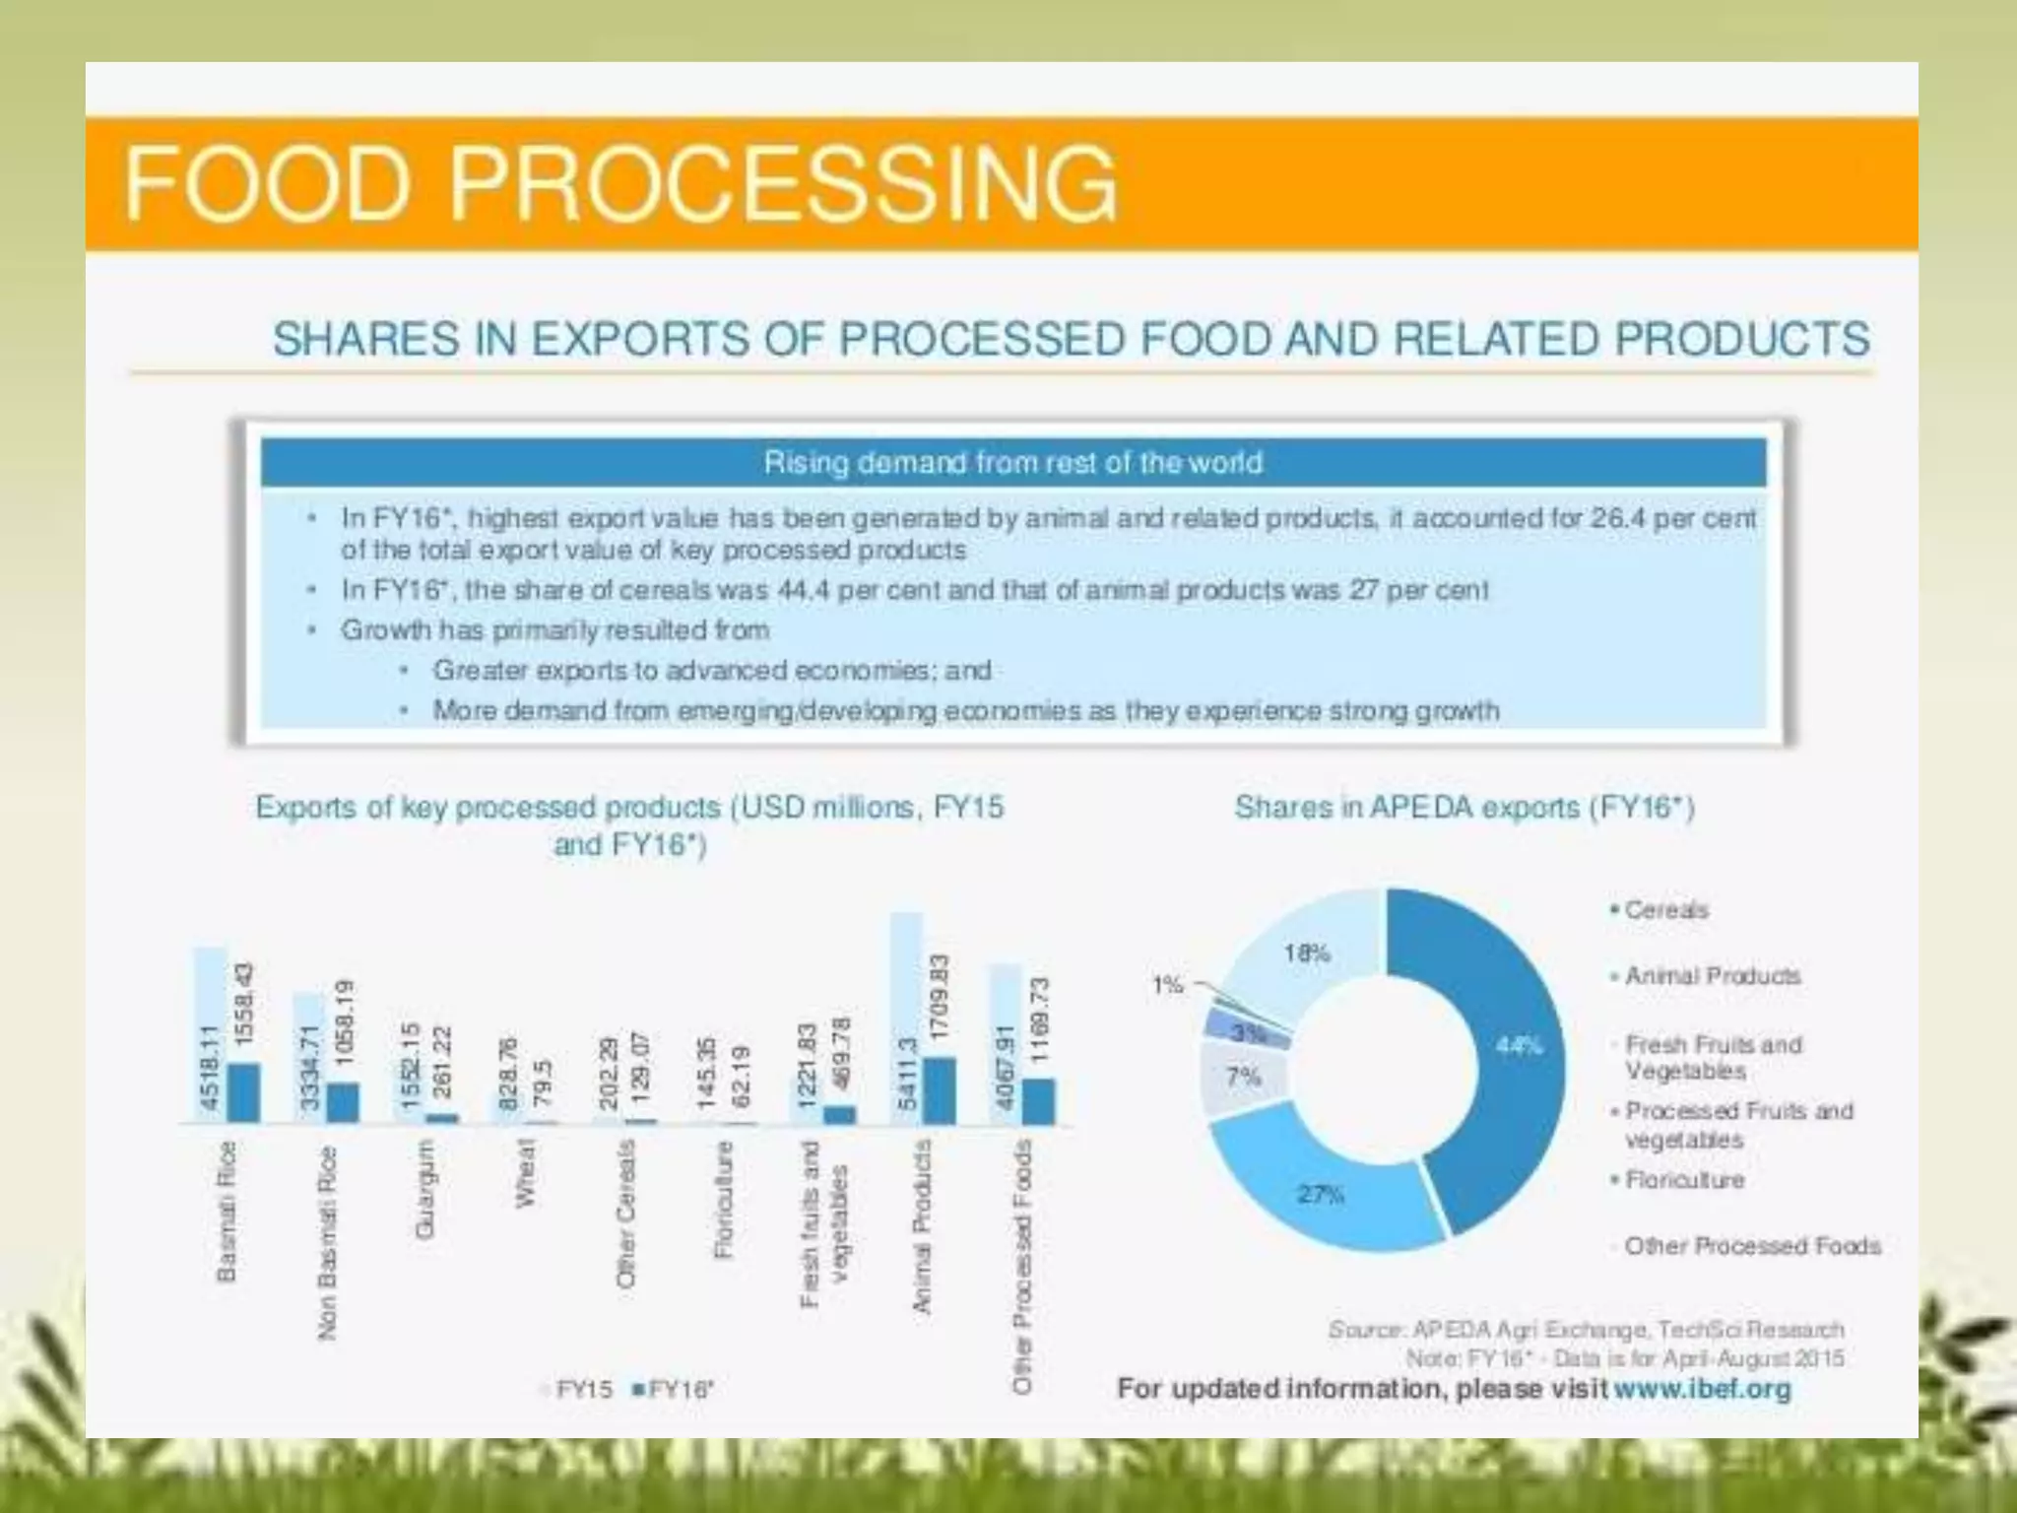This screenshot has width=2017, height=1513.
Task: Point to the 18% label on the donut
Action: pyautogui.click(x=1306, y=953)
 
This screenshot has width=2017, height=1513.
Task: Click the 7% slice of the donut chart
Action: pyautogui.click(x=1244, y=1077)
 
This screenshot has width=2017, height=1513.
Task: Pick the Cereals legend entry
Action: pyautogui.click(x=1664, y=910)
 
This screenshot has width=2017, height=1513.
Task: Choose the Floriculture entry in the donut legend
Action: pyautogui.click(x=1683, y=1179)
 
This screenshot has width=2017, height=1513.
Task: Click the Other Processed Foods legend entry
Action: pyautogui.click(x=1752, y=1246)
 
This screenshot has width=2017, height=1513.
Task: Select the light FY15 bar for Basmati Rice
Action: pyautogui.click(x=210, y=1034)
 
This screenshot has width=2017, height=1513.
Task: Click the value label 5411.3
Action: pyautogui.click(x=907, y=1074)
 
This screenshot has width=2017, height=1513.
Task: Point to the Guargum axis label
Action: pyautogui.click(x=424, y=1189)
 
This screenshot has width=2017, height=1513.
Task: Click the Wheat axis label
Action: pyautogui.click(x=525, y=1172)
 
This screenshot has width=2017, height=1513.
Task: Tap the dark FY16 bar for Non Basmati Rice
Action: pyautogui.click(x=343, y=1102)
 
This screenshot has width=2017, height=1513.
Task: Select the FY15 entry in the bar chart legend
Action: pyautogui.click(x=581, y=1390)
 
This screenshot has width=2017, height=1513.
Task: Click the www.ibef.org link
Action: pyautogui.click(x=1702, y=1389)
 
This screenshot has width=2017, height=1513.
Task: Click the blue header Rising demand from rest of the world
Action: pyautogui.click(x=1012, y=462)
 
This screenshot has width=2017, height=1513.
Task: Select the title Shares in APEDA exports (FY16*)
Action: pyautogui.click(x=1464, y=808)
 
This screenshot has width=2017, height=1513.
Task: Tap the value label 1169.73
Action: pyautogui.click(x=1040, y=1020)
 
